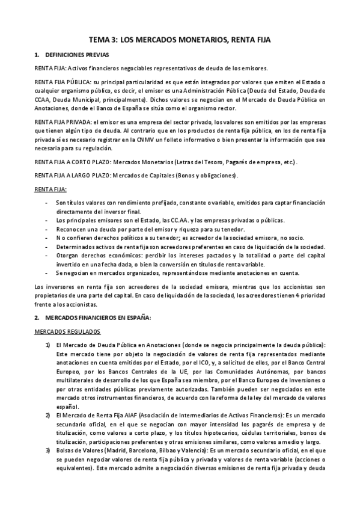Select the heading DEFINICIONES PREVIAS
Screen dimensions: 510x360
(73, 55)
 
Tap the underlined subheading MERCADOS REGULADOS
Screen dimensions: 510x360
(67, 331)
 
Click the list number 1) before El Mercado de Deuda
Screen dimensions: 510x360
(47, 345)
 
